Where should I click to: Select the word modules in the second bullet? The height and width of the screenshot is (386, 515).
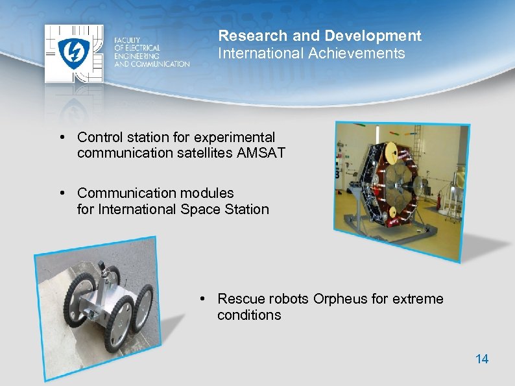tap(208, 193)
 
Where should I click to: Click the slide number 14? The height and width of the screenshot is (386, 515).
tap(482, 359)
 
